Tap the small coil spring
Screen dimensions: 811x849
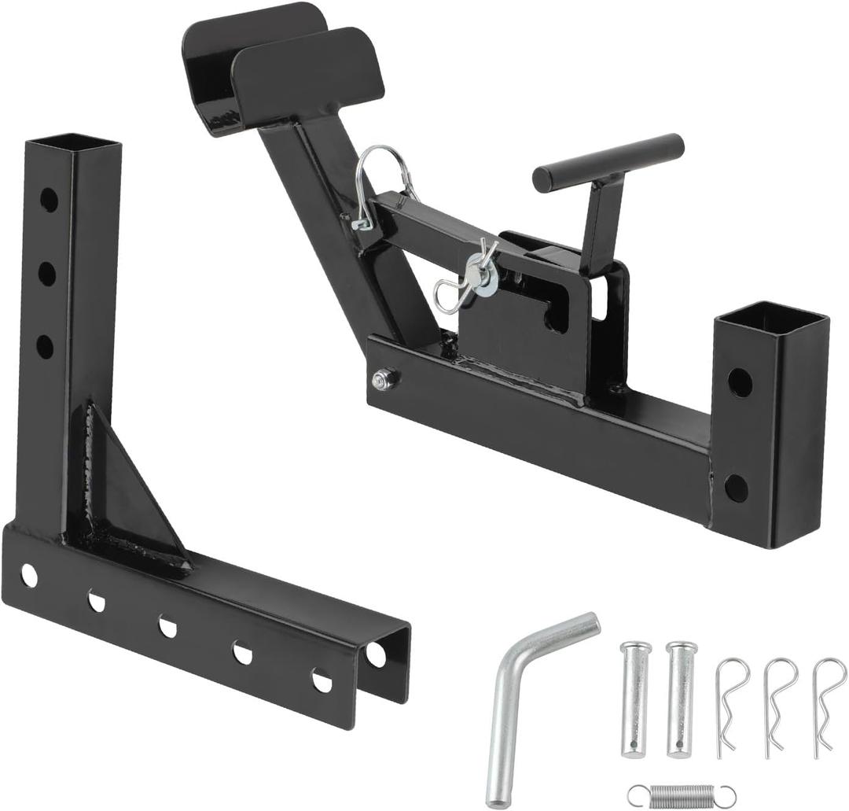coord(682,794)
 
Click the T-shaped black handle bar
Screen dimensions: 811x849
coord(608,162)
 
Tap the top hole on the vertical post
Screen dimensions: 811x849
coord(49,199)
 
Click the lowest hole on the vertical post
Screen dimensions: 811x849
coord(45,346)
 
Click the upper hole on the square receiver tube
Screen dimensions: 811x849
coord(739,382)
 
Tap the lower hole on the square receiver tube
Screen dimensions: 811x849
coord(737,488)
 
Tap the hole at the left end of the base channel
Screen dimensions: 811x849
coord(28,576)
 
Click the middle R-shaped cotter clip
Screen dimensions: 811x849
coord(778,704)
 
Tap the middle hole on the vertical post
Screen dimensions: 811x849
coord(46,273)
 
